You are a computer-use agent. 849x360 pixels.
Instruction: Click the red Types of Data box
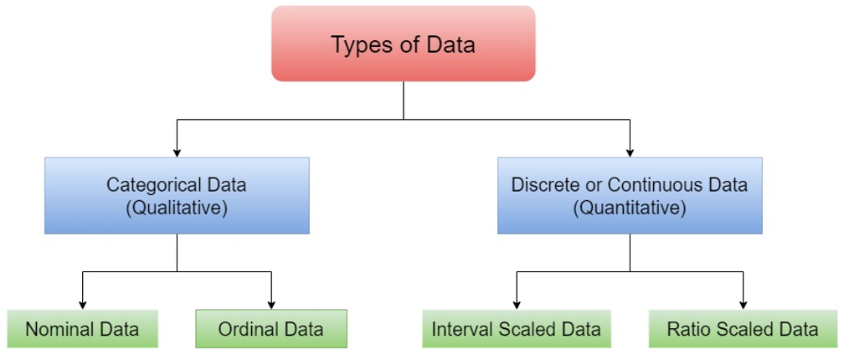[403, 44]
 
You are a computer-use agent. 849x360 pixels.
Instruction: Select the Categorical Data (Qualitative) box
[177, 195]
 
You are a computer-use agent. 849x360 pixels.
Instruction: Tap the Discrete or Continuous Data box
[630, 195]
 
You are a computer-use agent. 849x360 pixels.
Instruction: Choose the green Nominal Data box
[82, 329]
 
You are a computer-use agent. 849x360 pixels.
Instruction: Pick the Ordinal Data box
[270, 329]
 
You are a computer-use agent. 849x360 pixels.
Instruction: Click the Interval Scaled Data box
[516, 329]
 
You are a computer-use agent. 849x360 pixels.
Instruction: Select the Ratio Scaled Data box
[743, 329]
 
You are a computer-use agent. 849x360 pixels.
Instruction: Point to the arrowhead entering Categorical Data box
[177, 152]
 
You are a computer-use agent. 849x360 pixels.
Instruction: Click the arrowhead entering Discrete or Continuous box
[630, 152]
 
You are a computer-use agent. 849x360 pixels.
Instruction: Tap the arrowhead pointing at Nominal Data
[82, 304]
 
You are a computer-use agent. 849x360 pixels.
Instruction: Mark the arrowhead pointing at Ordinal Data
[270, 304]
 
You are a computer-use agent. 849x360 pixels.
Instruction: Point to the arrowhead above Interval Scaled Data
[516, 304]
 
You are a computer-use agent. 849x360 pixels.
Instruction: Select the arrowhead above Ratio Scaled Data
[743, 304]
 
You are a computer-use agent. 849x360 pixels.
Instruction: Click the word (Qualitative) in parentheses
[177, 208]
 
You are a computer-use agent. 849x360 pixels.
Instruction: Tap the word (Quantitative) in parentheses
[630, 208]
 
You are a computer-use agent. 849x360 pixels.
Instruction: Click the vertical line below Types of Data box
[404, 100]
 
